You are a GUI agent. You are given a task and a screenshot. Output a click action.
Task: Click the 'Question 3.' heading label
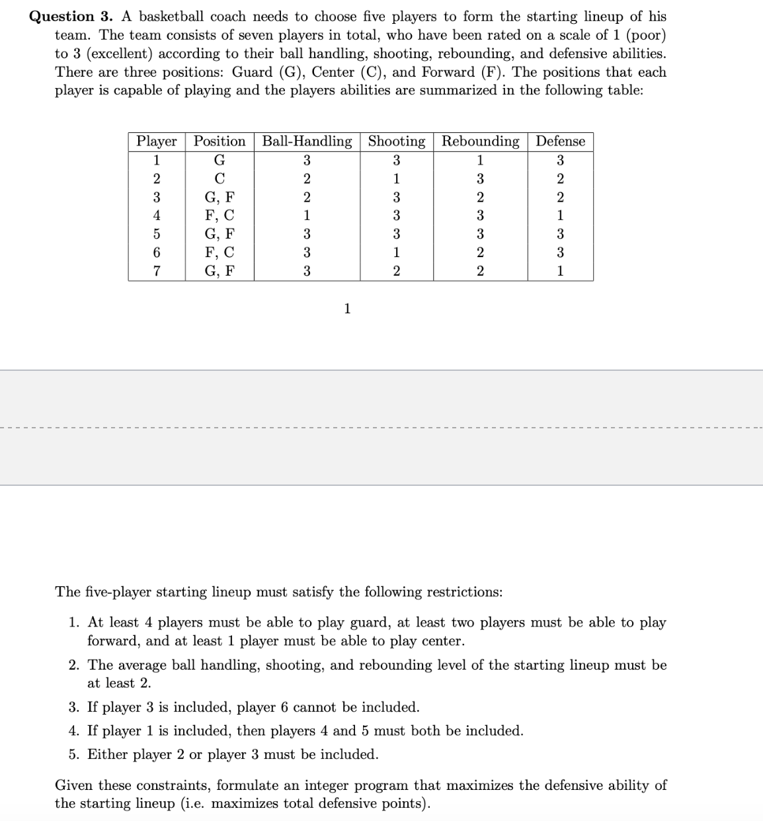point(71,17)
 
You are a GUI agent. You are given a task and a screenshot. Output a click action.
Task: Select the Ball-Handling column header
point(307,141)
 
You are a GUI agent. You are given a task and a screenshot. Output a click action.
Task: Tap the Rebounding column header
point(480,141)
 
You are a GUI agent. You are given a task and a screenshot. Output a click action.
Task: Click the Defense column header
point(560,141)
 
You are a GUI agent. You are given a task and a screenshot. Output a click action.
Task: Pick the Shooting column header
point(396,141)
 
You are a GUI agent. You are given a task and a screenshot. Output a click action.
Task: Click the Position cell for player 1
point(220,160)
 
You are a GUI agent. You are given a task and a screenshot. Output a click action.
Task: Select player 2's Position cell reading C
point(220,178)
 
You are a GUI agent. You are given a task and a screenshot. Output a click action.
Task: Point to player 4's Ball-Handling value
point(307,215)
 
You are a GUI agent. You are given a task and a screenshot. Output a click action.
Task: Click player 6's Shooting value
point(396,253)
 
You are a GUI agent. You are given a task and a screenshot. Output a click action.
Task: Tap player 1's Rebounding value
point(480,160)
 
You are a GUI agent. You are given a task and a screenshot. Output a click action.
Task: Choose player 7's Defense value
point(560,271)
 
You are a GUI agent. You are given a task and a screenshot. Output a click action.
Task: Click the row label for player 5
point(157,234)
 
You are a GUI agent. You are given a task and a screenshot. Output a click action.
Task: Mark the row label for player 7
point(157,271)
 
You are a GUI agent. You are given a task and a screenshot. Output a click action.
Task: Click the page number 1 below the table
point(347,309)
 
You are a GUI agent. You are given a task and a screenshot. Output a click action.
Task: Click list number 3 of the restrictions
point(74,707)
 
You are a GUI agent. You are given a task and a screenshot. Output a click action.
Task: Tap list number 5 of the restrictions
point(74,755)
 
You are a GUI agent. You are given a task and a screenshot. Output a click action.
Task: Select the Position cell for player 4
point(220,215)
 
